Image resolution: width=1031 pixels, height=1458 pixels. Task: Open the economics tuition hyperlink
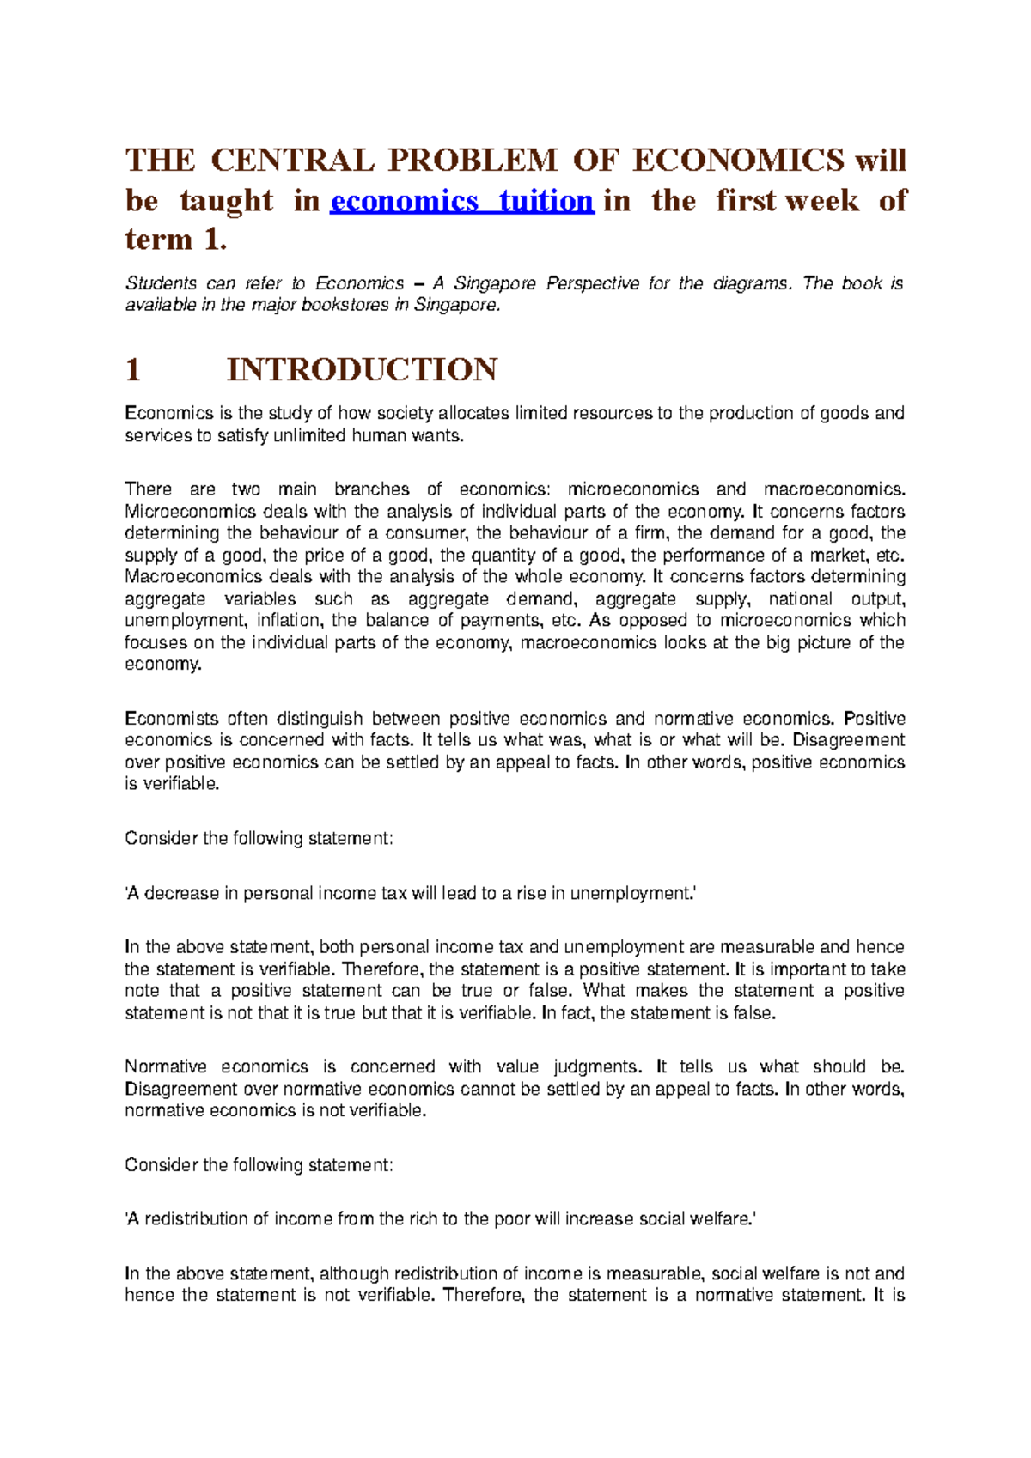[x=462, y=201]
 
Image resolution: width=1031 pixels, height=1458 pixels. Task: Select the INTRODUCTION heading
[x=362, y=370]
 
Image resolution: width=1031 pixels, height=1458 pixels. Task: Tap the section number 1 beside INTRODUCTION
[x=132, y=370]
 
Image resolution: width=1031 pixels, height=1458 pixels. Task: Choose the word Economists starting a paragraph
[x=170, y=719]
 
